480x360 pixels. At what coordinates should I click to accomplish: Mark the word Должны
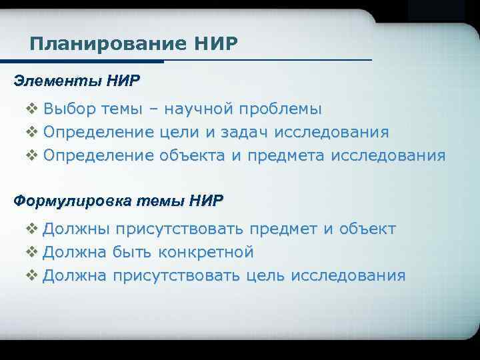tap(75, 230)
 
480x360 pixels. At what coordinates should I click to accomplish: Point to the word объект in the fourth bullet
tap(367, 230)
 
